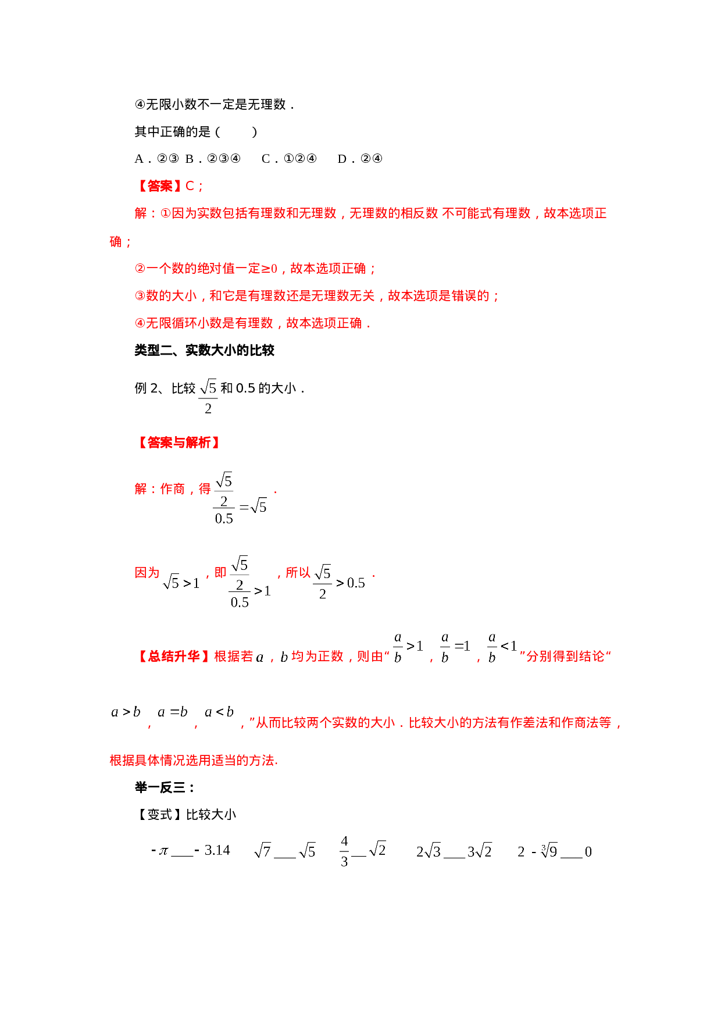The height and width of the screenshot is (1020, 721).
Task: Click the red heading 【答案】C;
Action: [x=170, y=186]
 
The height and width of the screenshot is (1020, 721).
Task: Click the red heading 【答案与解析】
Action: [x=179, y=443]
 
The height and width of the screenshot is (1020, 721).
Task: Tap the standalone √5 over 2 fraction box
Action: [x=208, y=396]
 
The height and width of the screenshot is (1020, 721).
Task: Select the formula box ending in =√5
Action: [x=240, y=498]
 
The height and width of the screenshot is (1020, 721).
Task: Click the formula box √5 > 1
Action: [x=180, y=582]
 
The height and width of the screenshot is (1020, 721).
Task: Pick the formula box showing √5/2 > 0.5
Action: [x=339, y=582]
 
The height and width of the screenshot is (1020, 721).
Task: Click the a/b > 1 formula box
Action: [x=408, y=646]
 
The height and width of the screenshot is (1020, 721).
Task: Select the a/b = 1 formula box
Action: [x=455, y=646]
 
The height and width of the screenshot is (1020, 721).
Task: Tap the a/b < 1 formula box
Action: [x=502, y=646]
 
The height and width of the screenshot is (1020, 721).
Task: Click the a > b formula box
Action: [x=126, y=711]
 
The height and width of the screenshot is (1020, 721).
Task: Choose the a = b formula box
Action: [x=173, y=711]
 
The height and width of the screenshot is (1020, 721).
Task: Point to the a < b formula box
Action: [x=219, y=711]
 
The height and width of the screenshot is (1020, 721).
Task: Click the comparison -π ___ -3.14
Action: [x=190, y=851]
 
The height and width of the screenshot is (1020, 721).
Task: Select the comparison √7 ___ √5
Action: [x=284, y=851]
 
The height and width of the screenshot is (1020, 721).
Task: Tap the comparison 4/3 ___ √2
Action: [x=363, y=851]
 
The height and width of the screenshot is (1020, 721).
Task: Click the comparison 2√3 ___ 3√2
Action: [x=454, y=851]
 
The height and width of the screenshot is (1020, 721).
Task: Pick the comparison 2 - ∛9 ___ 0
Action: [x=554, y=851]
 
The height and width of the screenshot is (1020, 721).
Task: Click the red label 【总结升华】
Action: [x=173, y=657]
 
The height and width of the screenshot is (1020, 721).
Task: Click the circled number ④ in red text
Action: [x=140, y=323]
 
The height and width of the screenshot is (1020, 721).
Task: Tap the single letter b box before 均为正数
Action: [x=284, y=657]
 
